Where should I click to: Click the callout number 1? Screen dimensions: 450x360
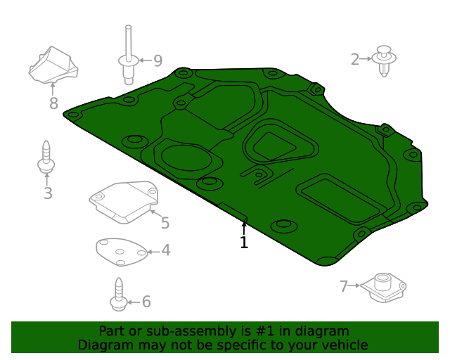pos(244,243)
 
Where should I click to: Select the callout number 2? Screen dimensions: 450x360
pos(355,60)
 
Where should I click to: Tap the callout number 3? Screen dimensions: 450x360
pos(49,193)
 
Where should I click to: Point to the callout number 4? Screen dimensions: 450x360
pos(166,250)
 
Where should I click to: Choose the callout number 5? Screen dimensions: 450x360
pos(165,223)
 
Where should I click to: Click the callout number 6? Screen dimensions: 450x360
pos(146,302)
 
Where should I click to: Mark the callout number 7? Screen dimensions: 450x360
pos(344,286)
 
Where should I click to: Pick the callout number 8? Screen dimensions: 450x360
pos(53,103)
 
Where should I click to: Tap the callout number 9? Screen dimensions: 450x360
pos(158,60)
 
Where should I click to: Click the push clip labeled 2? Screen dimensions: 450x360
pos(384,60)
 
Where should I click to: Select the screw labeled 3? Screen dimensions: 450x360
pos(46,157)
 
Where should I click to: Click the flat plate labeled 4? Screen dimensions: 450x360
pos(122,252)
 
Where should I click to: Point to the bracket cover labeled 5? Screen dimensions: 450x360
pos(124,202)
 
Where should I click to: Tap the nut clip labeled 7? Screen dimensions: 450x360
pos(383,288)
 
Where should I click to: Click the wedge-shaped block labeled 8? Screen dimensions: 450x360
pos(53,65)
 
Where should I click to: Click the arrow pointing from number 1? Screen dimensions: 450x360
pos(244,227)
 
